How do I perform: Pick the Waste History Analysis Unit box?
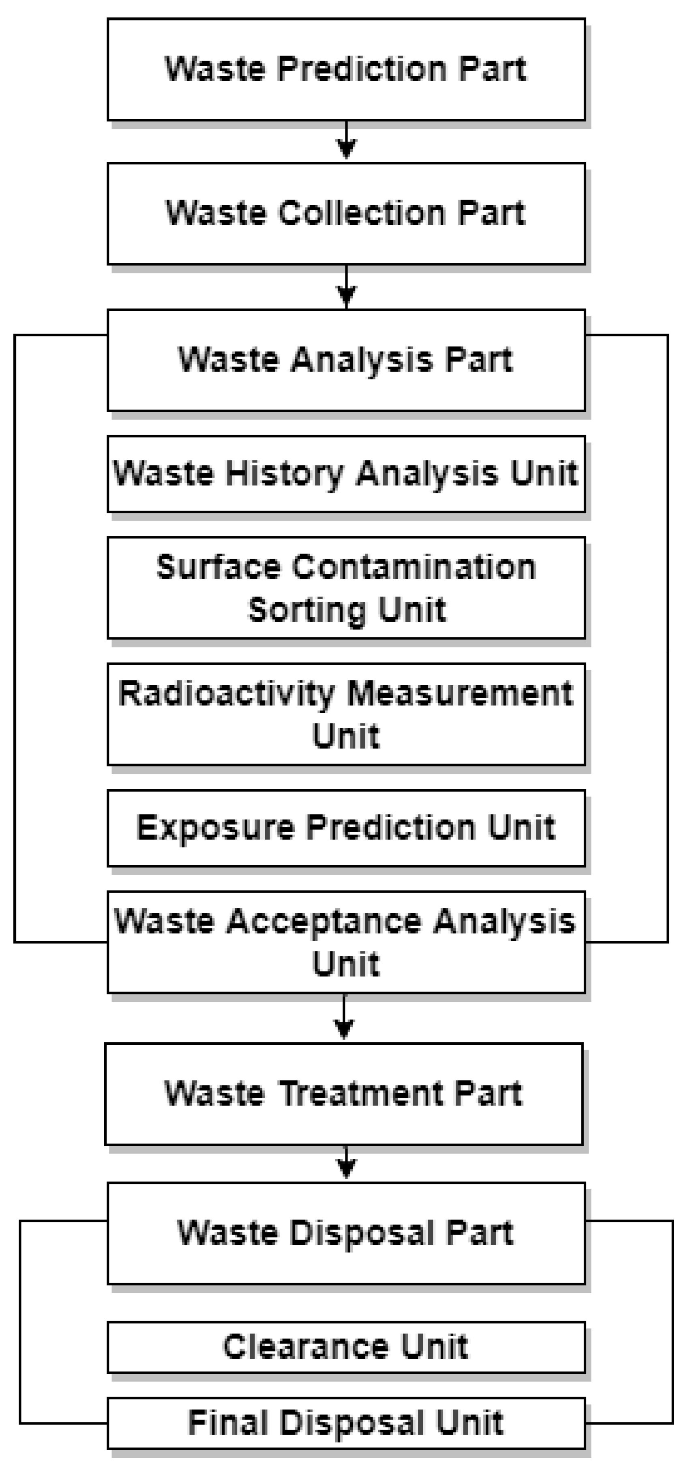[x=346, y=474]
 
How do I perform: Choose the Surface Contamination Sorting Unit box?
[x=346, y=588]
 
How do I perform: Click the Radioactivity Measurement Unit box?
[x=346, y=714]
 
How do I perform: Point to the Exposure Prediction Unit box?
[x=346, y=828]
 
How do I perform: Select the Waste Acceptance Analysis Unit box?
[x=346, y=942]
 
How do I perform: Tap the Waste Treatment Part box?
[x=343, y=1094]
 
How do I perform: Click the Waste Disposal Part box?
[x=346, y=1233]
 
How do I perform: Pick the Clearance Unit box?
[x=346, y=1347]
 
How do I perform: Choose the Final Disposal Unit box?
[x=346, y=1423]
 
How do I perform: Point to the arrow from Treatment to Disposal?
[x=346, y=1164]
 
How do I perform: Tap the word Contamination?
[x=414, y=568]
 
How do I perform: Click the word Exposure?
[x=215, y=828]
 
